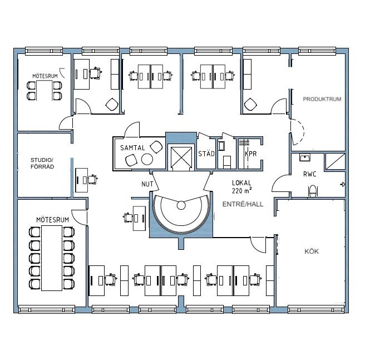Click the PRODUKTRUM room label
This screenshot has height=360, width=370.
(322, 99)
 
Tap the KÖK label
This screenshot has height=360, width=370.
(312, 251)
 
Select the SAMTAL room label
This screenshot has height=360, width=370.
(132, 148)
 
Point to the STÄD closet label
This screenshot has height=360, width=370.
(206, 154)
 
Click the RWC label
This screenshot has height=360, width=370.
(310, 174)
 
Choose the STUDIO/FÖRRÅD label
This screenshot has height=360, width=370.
(42, 163)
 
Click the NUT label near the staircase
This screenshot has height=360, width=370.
(147, 184)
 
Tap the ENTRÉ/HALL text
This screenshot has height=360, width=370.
(243, 204)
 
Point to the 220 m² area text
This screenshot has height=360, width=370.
(241, 190)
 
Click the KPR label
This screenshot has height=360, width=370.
(250, 154)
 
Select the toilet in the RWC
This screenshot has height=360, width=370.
(313, 191)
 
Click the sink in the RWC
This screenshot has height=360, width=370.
(305, 157)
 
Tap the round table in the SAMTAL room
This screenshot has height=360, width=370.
(147, 159)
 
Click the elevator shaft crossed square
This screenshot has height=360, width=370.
(181, 157)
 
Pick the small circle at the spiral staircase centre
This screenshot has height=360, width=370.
(181, 205)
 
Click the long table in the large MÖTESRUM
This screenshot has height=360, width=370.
(52, 258)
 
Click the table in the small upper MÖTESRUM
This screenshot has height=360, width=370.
(45, 90)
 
